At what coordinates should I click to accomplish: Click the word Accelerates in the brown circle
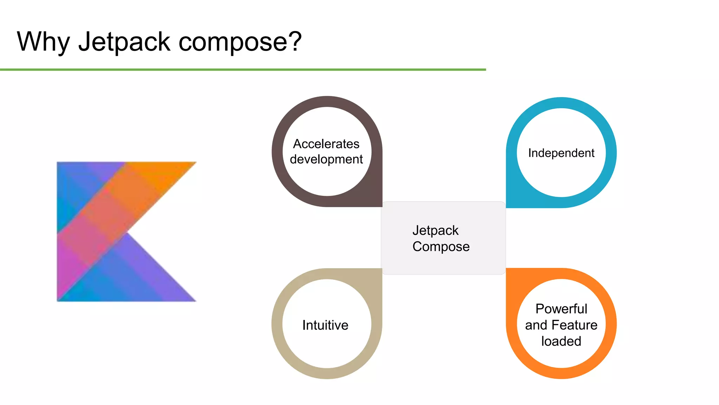coord(326,144)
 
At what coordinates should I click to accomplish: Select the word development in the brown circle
coord(326,160)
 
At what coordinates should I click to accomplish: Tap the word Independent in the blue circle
coord(561,153)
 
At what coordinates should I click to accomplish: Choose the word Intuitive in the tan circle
coord(325,325)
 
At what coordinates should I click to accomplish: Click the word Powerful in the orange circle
coord(561,309)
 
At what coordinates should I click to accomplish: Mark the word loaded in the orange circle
coord(561,341)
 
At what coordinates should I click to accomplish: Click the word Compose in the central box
coord(441,247)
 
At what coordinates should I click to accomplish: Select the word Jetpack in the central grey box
coord(435,231)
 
